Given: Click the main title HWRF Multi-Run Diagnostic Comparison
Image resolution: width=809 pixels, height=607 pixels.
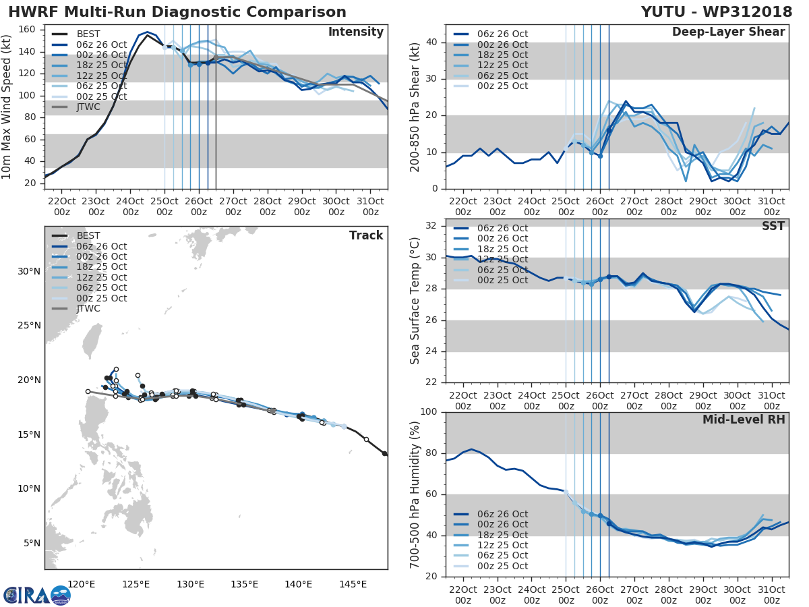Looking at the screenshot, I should [177, 12].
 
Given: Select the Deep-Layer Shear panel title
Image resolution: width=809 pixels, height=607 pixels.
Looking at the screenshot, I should [728, 32].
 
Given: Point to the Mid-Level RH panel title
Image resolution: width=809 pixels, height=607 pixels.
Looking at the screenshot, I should [744, 420].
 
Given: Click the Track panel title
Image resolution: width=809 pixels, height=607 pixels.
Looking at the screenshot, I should [366, 235].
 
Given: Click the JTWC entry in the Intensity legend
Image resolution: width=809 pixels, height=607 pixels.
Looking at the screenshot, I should [89, 107].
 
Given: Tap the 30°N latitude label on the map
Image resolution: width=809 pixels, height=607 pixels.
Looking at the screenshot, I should [29, 271].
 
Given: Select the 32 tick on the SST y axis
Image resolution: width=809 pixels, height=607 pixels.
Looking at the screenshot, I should [434, 226].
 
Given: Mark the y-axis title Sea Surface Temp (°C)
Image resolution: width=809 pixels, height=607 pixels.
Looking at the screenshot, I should [415, 299].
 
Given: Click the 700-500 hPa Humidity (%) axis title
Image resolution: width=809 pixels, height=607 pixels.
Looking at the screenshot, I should [415, 494].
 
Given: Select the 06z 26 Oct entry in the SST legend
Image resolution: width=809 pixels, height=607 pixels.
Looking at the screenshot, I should [500, 228].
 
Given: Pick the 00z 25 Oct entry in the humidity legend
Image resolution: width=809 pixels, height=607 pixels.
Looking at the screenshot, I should [500, 566].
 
